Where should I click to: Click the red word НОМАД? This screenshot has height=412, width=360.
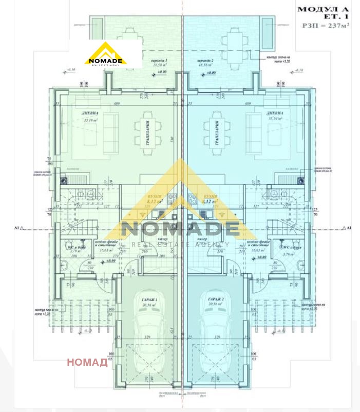point(87,363)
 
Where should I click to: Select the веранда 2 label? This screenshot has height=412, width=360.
point(206,61)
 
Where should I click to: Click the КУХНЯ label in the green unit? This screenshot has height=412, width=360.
point(155,196)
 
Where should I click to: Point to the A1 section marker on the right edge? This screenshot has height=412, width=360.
point(349,227)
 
